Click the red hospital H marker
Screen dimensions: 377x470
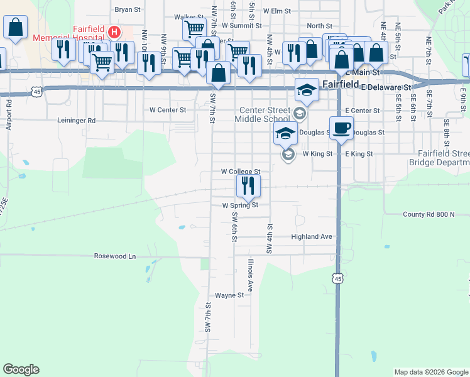point(114,31)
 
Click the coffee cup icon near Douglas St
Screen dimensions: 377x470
point(341,128)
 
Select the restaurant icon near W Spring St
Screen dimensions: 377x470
point(248,185)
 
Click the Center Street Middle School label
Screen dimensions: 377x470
point(263,114)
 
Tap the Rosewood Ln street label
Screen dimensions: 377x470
point(115,256)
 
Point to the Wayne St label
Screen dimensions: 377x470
point(229,295)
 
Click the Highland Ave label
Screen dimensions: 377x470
point(311,237)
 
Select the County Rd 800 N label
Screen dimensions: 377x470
point(429,214)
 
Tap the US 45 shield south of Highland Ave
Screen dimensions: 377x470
point(338,278)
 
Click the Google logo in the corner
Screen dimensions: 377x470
point(21,369)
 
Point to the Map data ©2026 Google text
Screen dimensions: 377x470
point(431,372)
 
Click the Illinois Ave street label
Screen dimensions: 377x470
point(250,275)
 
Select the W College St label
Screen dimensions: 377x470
point(240,171)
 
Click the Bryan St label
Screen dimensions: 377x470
point(128,10)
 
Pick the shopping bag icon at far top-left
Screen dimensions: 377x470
point(15,28)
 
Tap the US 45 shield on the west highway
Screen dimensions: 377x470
point(38,92)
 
